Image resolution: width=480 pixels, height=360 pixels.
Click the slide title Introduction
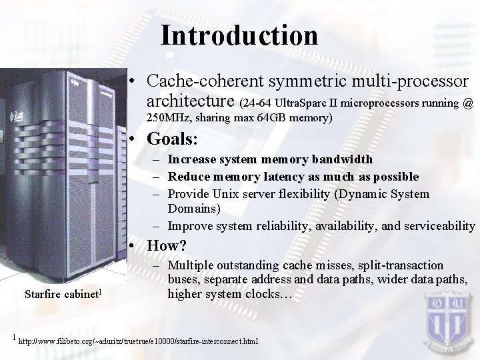click(239, 35)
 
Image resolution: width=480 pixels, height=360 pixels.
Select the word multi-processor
click(415, 81)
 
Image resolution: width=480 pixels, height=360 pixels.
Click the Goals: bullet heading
click(173, 139)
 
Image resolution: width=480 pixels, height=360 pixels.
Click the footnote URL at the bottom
click(139, 341)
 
